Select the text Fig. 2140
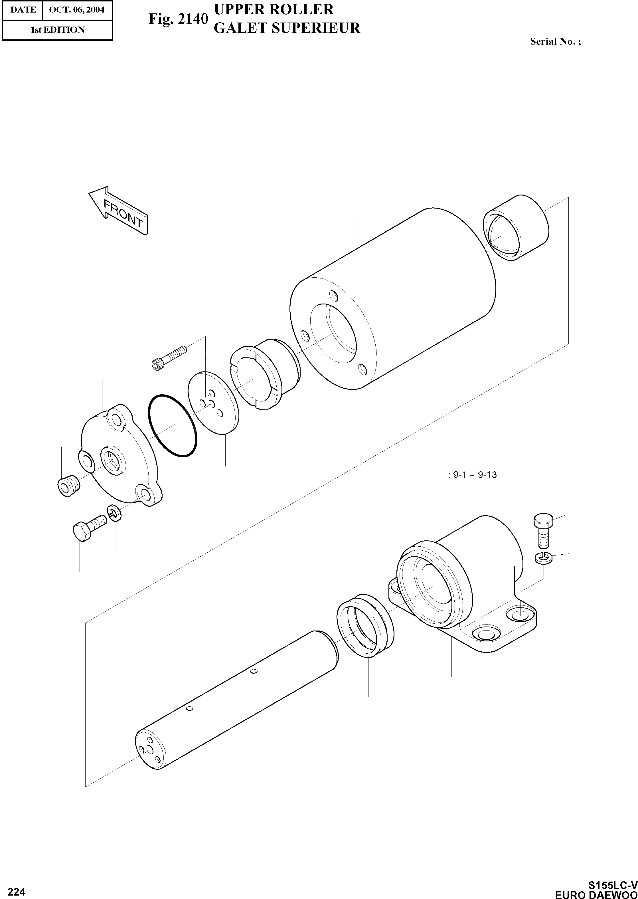point(178,19)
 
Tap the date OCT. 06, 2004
point(77,9)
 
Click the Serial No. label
point(555,42)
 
